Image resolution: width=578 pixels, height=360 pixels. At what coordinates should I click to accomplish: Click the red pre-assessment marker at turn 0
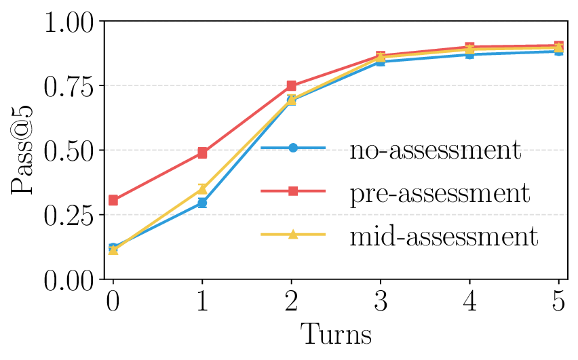pyautogui.click(x=113, y=200)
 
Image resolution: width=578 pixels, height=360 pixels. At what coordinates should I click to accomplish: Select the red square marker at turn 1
pyautogui.click(x=202, y=153)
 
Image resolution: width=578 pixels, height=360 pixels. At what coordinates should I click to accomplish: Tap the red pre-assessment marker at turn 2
pyautogui.click(x=291, y=85)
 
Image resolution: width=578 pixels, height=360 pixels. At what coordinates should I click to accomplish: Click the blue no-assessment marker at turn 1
pyautogui.click(x=202, y=203)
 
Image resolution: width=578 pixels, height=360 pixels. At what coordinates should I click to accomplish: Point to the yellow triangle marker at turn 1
pyautogui.click(x=202, y=188)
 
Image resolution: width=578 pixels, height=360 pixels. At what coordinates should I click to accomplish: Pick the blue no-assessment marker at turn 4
pyautogui.click(x=469, y=54)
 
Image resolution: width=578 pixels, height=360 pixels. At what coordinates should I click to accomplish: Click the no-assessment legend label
pyautogui.click(x=435, y=149)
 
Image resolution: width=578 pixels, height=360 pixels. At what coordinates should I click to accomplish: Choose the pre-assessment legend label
pyautogui.click(x=439, y=193)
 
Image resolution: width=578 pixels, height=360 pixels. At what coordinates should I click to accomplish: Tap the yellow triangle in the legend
pyautogui.click(x=293, y=235)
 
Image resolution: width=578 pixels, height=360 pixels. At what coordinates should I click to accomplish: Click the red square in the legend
pyautogui.click(x=293, y=191)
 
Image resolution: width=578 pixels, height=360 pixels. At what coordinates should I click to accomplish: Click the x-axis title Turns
pyautogui.click(x=336, y=335)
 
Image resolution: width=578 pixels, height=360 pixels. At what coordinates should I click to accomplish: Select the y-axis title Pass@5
pyautogui.click(x=24, y=151)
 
